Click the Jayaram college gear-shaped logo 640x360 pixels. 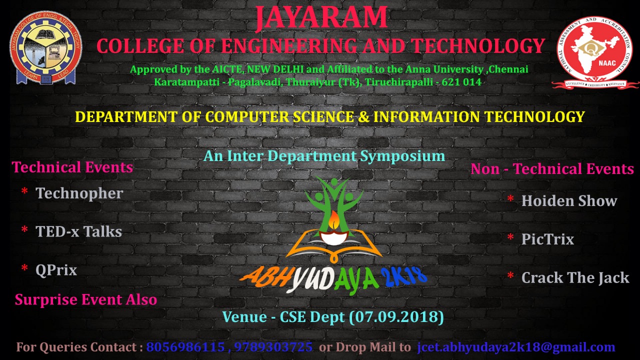click(x=45, y=47)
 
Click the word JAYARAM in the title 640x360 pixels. click(x=321, y=17)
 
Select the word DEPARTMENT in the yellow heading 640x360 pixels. click(x=126, y=116)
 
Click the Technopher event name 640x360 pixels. click(x=79, y=193)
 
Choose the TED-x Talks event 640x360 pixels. click(x=78, y=231)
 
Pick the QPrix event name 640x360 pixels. click(x=56, y=270)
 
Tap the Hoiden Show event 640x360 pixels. click(x=569, y=201)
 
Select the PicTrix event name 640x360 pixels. click(x=547, y=239)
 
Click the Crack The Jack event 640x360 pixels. click(x=575, y=277)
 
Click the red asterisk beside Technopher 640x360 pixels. click(x=24, y=191)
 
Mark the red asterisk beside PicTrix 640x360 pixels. click(x=510, y=237)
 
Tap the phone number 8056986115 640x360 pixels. click(x=185, y=347)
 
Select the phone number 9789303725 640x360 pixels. click(x=273, y=347)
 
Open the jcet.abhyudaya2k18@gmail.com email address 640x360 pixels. click(x=516, y=347)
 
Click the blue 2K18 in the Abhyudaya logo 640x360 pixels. click(x=403, y=276)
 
